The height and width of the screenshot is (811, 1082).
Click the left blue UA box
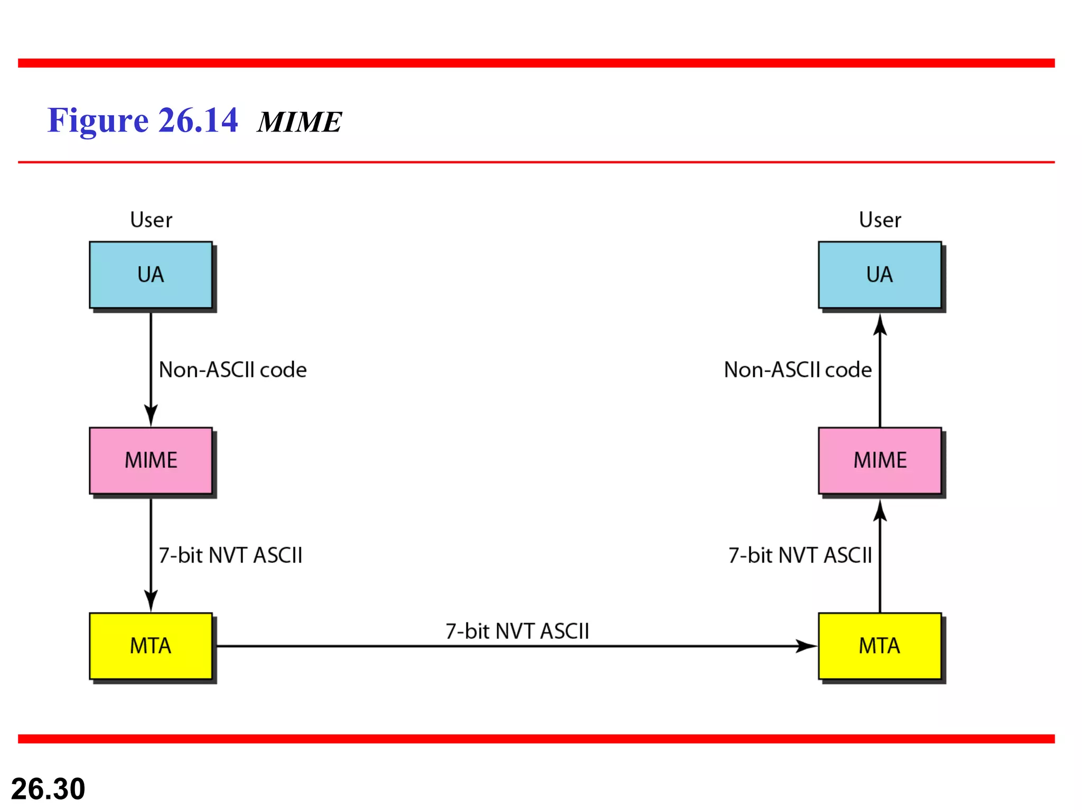151,275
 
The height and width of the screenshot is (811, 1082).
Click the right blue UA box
880,275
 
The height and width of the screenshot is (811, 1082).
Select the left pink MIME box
151,460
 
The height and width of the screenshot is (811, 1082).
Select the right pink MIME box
880,460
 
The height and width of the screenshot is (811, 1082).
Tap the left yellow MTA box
151,646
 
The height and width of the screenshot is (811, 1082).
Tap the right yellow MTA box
880,646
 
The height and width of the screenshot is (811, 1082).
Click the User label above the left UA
151,220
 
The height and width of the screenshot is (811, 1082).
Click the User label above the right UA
880,220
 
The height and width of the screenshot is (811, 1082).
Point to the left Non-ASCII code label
232,370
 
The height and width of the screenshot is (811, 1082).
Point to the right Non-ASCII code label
798,370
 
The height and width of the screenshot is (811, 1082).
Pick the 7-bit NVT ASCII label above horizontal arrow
517,631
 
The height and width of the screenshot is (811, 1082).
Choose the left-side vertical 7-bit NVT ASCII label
230,555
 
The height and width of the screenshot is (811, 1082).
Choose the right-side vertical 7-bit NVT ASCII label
800,555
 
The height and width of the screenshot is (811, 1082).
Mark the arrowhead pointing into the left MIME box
151,416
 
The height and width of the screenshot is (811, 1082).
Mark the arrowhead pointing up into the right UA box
880,325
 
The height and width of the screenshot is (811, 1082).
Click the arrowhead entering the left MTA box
151,601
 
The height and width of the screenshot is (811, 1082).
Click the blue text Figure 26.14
143,120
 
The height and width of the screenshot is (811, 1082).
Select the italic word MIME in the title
300,122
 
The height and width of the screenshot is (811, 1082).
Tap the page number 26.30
48,789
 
